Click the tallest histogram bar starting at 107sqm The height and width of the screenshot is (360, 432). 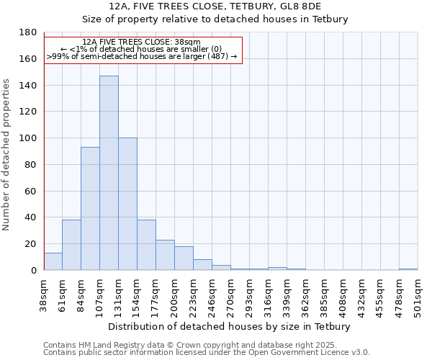[x=109, y=173]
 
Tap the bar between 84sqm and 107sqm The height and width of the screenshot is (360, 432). [x=90, y=209]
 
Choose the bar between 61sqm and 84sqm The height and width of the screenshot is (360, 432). [x=71, y=245]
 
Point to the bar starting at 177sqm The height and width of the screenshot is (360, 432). [x=165, y=255]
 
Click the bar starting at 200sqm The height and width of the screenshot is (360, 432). [x=184, y=258]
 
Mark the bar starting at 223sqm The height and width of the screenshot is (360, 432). [x=202, y=264]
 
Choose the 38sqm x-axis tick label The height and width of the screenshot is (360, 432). [x=44, y=294]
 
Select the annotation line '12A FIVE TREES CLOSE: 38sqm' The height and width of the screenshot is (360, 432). [x=142, y=42]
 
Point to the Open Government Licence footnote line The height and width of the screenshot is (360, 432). [x=206, y=352]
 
